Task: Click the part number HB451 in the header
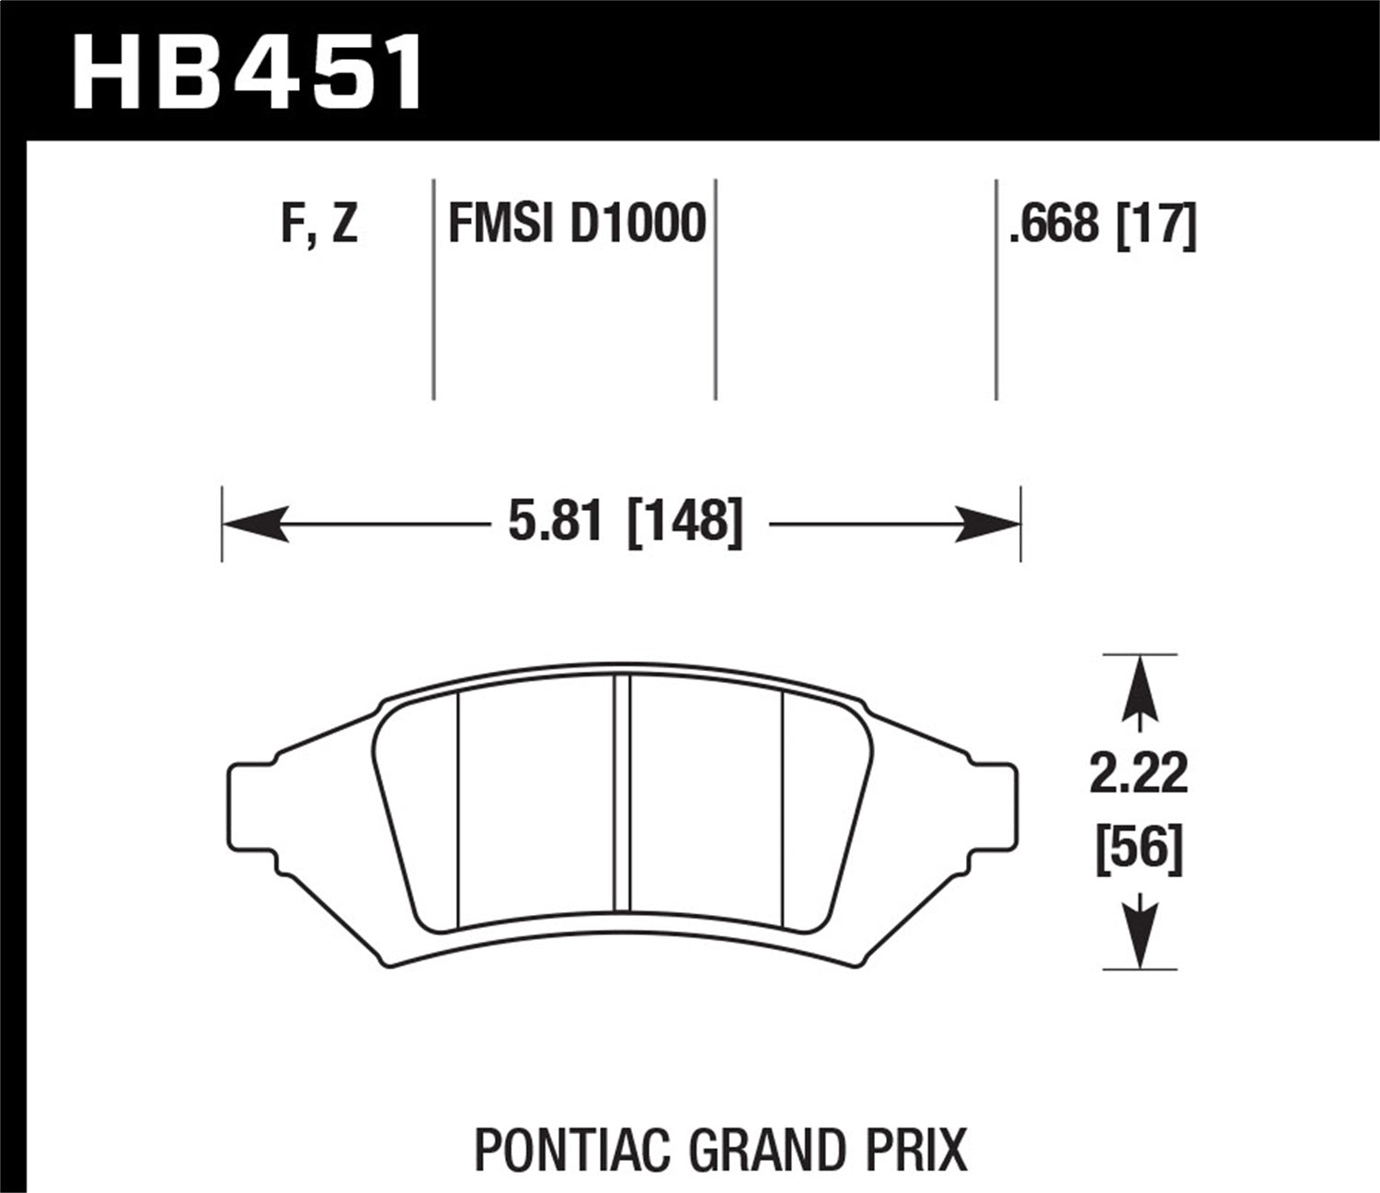247,71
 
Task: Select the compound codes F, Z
319,224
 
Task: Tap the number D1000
638,224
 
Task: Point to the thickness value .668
1054,224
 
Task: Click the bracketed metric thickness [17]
1156,224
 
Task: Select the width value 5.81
555,523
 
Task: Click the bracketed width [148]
684,523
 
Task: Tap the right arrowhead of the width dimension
988,524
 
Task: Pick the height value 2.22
1139,774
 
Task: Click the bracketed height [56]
1139,850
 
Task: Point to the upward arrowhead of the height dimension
1139,687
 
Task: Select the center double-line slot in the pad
621,801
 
